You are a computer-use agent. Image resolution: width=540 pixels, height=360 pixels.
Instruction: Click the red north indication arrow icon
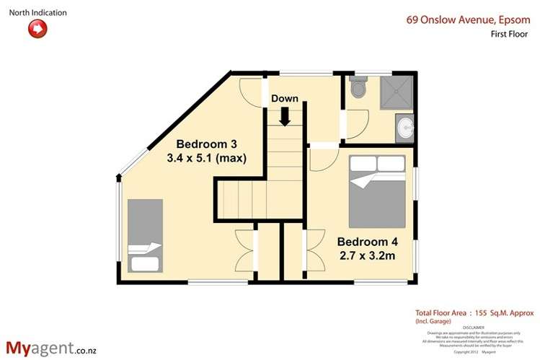[x=37, y=29]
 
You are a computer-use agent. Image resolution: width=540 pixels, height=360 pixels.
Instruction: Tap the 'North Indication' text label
[x=37, y=12]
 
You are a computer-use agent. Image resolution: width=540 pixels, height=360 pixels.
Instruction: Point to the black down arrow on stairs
[x=285, y=115]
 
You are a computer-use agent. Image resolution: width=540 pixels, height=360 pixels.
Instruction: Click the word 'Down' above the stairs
[x=285, y=99]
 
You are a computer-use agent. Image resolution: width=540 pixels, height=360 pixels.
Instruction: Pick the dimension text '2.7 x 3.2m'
[x=366, y=255]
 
